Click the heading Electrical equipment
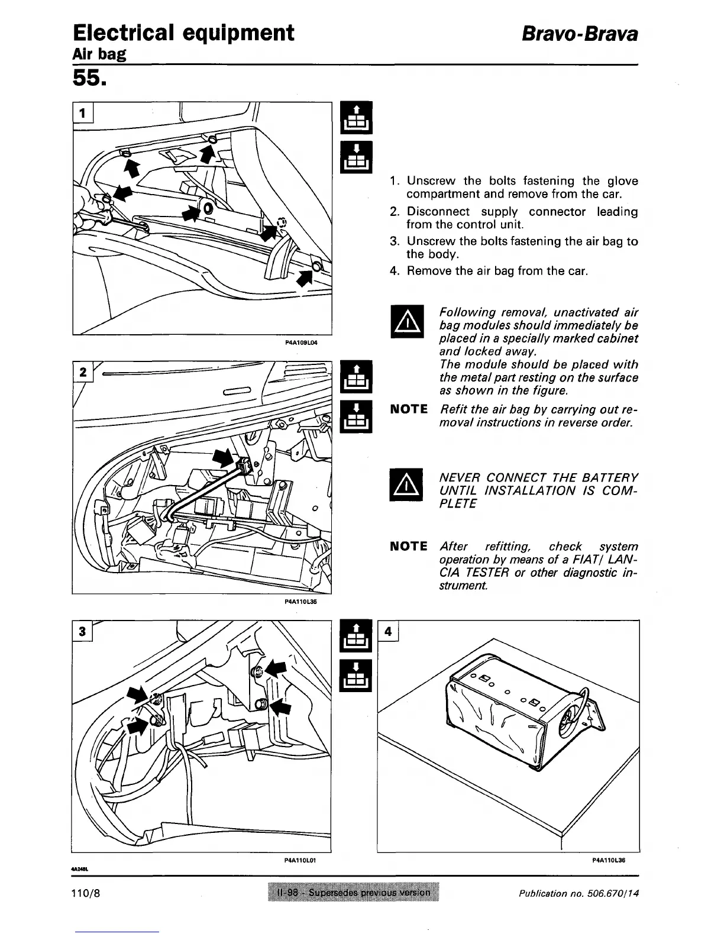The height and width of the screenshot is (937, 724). [x=183, y=33]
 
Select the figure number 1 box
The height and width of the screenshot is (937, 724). [x=83, y=111]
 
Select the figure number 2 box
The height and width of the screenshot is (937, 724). [x=83, y=372]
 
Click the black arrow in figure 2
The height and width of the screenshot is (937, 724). [x=224, y=457]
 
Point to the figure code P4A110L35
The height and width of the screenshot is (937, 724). [x=302, y=602]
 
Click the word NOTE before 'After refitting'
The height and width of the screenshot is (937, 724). [x=409, y=546]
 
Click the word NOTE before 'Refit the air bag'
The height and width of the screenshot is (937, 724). [x=409, y=409]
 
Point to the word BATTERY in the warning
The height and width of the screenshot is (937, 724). [x=610, y=477]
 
